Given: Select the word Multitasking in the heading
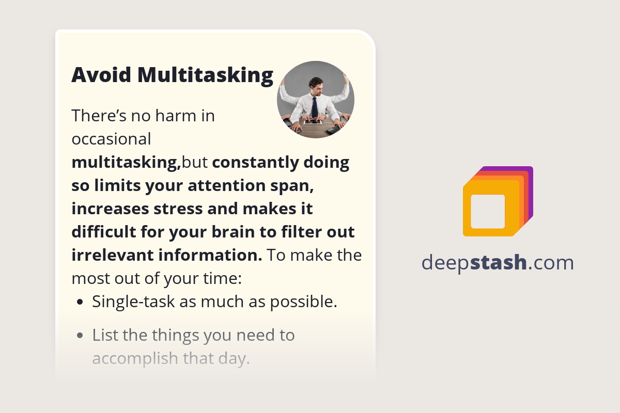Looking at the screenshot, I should (205, 75).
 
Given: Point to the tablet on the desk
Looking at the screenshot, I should (312, 122).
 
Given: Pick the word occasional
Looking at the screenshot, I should (111, 139).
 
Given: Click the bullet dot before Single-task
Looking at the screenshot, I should (80, 302).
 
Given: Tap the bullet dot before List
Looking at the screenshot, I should (80, 336).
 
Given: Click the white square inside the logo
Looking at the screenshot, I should (488, 211).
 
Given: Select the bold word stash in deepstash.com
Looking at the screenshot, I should (499, 263).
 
